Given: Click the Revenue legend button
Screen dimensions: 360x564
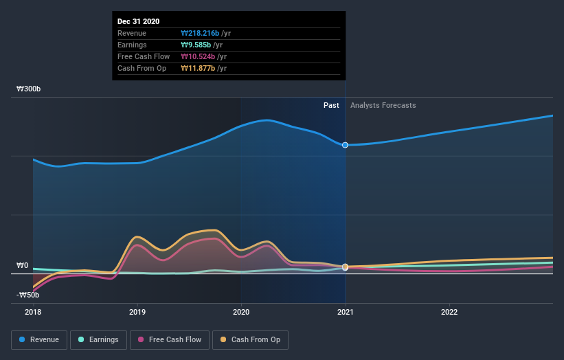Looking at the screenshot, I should pos(40,339).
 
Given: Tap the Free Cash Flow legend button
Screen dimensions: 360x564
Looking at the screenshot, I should pos(170,339).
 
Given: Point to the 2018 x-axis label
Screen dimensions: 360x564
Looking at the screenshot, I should pos(33,311).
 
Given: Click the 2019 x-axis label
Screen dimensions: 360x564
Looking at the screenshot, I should pos(137,311).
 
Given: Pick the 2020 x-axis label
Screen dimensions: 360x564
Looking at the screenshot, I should pos(241,311).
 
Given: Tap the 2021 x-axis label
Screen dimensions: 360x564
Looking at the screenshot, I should pos(345,311).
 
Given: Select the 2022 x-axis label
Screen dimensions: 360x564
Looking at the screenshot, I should pos(449,311).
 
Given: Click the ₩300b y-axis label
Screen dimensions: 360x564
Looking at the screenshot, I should pos(29,89).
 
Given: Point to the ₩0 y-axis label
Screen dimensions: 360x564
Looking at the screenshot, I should pos(23,265).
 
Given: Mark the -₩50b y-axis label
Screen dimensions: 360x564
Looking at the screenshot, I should pos(27,295).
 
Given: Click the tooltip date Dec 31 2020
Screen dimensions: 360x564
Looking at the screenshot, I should pos(139,21).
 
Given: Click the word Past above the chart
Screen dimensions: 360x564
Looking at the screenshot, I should pos(331,105).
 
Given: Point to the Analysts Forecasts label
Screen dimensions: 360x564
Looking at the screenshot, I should pos(383,105).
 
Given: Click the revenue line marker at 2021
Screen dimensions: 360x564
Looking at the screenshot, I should pos(345,145).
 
